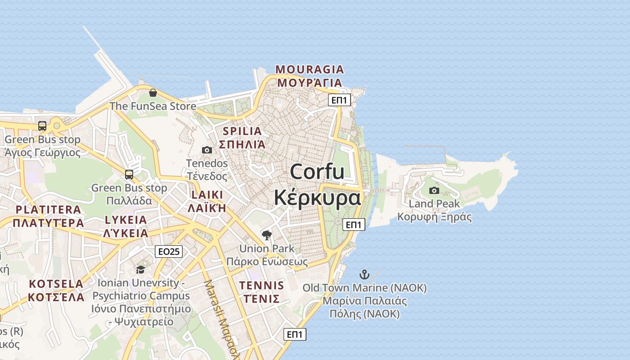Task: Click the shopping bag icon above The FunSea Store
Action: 153,93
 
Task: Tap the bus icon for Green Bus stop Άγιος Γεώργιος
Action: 42,126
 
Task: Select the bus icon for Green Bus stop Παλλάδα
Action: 129,174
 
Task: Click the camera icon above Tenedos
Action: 207,150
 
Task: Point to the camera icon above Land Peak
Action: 434,190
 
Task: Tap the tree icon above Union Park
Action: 267,235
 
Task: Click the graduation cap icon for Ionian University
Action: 140,270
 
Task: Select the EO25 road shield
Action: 169,252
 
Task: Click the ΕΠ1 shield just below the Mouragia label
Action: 339,100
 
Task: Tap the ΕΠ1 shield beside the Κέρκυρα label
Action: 354,224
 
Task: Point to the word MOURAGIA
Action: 310,69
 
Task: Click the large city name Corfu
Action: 317,172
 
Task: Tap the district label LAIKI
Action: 207,195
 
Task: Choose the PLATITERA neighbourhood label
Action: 48,210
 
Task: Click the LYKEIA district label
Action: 126,220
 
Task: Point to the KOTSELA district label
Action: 56,284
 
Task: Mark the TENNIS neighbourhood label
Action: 261,285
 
